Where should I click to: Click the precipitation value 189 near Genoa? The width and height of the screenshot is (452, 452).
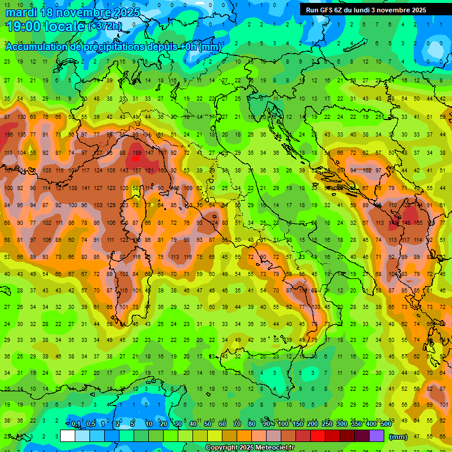point(137,152)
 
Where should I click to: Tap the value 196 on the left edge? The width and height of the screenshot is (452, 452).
point(8,135)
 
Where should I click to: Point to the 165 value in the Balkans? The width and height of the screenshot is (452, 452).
point(419,223)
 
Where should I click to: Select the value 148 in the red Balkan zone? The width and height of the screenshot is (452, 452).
point(406,223)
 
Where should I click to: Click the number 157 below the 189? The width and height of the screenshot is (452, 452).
point(137,170)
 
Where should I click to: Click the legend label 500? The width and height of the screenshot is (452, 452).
point(385,424)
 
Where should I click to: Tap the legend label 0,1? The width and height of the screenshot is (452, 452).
point(76,424)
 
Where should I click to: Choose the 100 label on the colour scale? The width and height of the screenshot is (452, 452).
point(282,424)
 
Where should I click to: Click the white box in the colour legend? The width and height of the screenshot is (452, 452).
point(68,436)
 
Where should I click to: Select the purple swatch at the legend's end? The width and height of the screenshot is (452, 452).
point(377,436)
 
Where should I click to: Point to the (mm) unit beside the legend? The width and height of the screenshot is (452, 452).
point(398,437)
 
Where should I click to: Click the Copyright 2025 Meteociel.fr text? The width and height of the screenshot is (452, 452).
point(250,448)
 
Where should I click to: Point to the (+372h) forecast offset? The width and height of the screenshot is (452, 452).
point(105,26)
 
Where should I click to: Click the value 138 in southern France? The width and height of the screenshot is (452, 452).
point(73,188)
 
